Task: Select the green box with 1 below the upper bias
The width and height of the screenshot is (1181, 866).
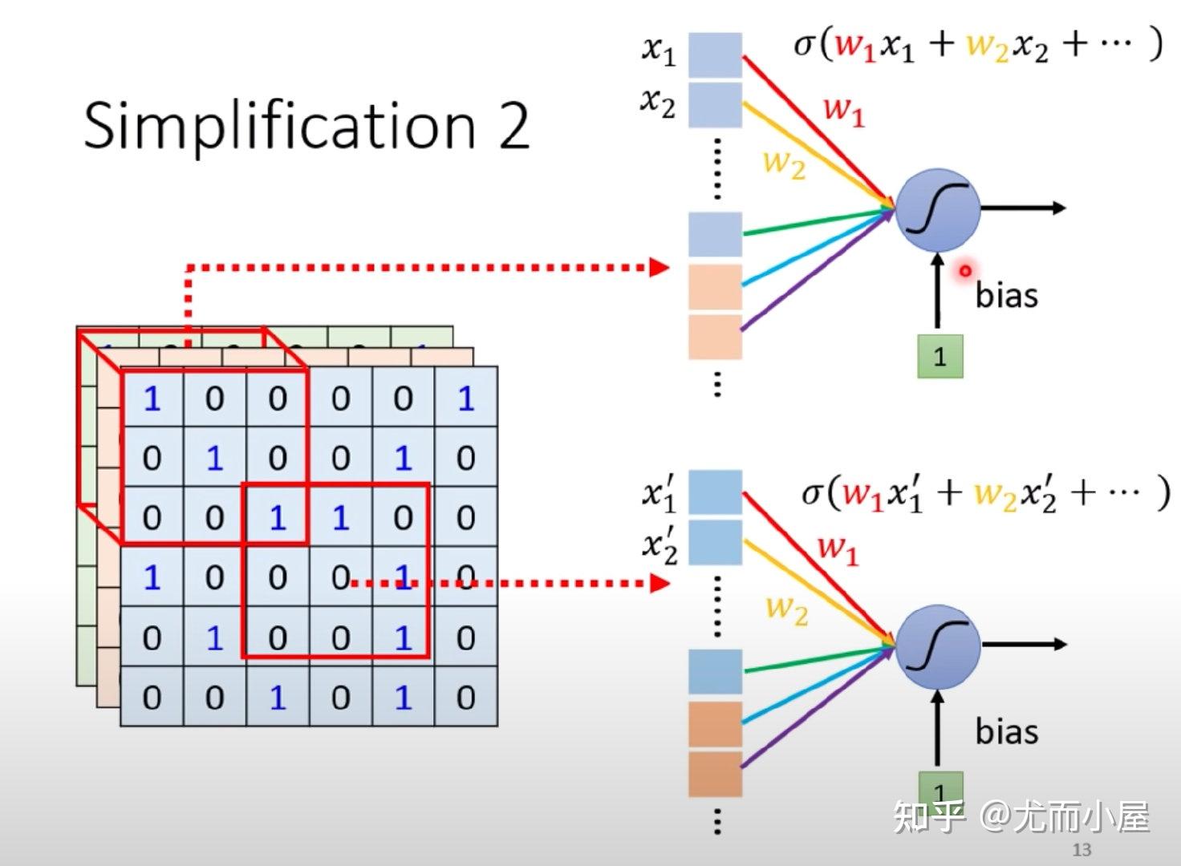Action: (940, 356)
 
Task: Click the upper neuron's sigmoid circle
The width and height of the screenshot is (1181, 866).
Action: (938, 210)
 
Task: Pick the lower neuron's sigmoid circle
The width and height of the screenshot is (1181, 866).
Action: (938, 646)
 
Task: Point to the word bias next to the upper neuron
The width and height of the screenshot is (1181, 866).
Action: (1006, 295)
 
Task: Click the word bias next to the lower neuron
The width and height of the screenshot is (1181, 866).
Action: (1006, 731)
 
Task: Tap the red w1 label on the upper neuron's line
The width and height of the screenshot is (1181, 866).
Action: (844, 111)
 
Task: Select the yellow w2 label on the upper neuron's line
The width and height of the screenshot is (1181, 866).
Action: (785, 164)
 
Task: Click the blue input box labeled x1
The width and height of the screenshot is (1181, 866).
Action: (716, 55)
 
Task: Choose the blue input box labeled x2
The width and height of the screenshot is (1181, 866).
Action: (716, 105)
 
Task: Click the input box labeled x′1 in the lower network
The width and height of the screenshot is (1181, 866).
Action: (716, 492)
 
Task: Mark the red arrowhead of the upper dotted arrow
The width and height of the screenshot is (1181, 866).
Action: (659, 267)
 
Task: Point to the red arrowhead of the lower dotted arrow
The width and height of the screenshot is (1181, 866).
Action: (659, 583)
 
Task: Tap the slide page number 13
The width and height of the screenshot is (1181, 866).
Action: (1082, 850)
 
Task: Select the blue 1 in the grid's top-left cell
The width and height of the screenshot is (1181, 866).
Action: (152, 399)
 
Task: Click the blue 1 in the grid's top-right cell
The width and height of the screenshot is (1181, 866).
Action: (465, 399)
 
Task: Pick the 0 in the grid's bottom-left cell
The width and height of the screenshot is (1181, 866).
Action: (152, 698)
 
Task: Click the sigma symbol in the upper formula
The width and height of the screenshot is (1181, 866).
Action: (806, 46)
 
